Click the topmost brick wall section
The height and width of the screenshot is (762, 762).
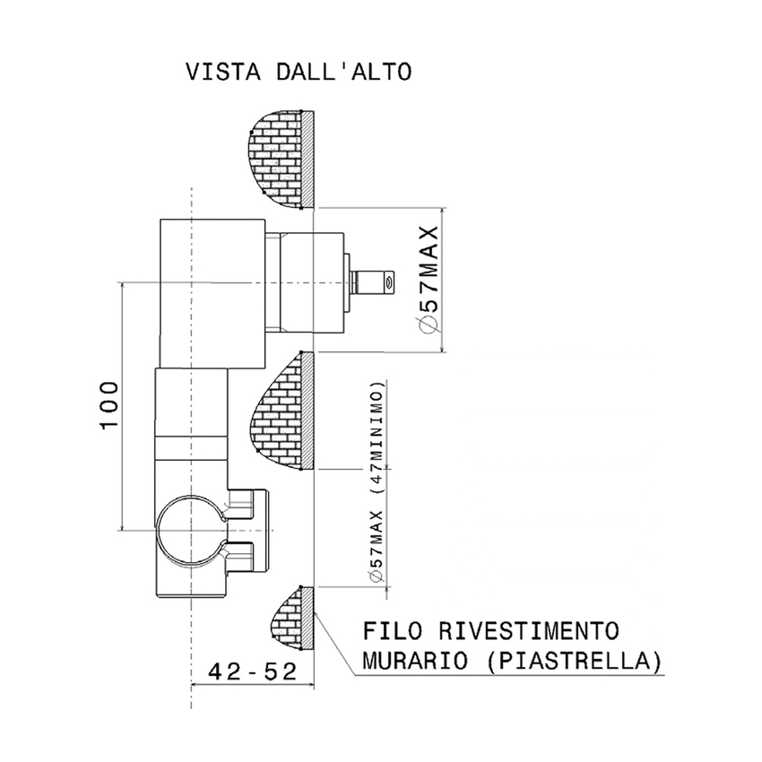click(x=281, y=158)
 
